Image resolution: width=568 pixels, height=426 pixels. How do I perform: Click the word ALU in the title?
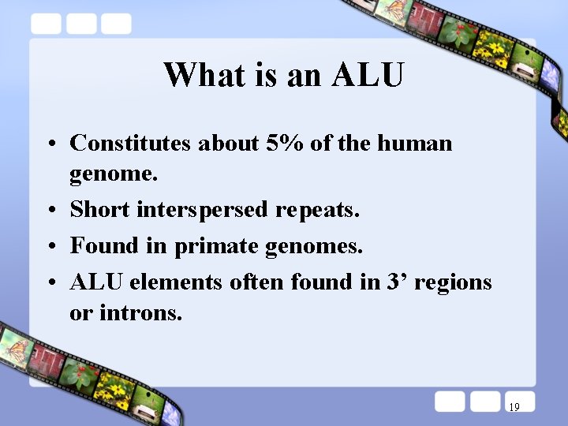[x=368, y=76]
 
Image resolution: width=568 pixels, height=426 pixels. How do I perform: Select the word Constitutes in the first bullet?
[x=130, y=144]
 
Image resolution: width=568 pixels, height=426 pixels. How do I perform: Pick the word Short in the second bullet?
[x=100, y=210]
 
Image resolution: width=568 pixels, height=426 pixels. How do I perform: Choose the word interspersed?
[x=203, y=211]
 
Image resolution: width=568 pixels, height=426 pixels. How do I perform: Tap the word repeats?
[x=318, y=211]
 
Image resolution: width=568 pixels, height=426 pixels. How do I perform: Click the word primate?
[x=216, y=246]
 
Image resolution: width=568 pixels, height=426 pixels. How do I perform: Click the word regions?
[x=452, y=282]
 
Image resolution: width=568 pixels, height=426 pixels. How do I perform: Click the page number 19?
[x=514, y=408]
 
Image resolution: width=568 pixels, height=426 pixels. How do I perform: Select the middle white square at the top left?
[x=81, y=24]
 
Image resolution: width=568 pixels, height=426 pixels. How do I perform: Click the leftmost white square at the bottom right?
[x=450, y=402]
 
